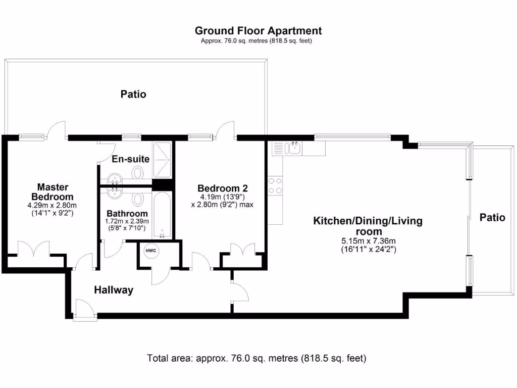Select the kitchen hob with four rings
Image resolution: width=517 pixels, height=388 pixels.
(276, 185)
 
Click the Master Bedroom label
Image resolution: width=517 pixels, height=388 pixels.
(52, 191)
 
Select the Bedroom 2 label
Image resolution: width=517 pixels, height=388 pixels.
(223, 188)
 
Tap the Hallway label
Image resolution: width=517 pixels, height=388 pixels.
(114, 290)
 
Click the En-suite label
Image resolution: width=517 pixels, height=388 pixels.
(131, 159)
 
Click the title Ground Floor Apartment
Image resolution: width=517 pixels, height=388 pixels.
(258, 31)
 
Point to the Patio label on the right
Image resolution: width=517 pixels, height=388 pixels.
(492, 218)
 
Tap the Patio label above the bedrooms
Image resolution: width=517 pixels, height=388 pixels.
(133, 94)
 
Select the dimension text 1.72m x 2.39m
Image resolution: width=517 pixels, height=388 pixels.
(127, 221)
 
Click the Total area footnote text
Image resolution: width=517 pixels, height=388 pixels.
(256, 359)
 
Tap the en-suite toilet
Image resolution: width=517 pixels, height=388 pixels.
(137, 173)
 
